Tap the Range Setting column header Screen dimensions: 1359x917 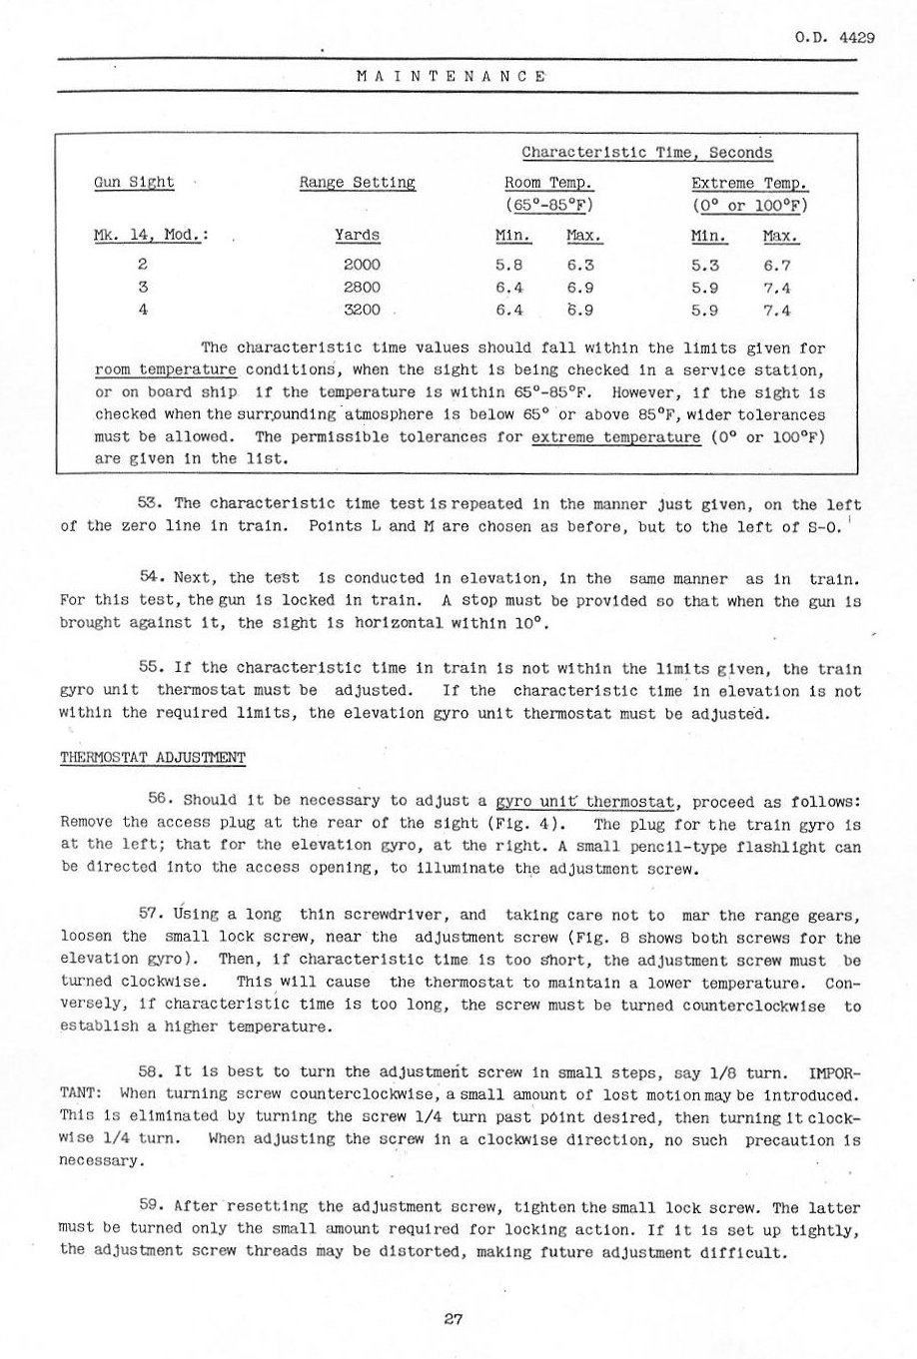pos(357,183)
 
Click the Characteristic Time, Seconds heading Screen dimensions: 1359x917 pos(647,153)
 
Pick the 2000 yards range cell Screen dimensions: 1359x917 pos(362,265)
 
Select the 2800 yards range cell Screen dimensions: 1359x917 pos(362,287)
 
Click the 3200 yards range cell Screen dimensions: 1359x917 pos(362,310)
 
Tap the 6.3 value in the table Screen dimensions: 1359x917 pos(580,265)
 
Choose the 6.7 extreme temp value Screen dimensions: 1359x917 pos(776,265)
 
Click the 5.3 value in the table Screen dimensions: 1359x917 pos(705,265)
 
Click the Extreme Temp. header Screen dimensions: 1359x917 pos(749,183)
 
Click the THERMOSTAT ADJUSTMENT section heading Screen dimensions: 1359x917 pos(153,756)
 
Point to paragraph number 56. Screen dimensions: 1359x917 pos(161,800)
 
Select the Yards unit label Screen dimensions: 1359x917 pos(357,237)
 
